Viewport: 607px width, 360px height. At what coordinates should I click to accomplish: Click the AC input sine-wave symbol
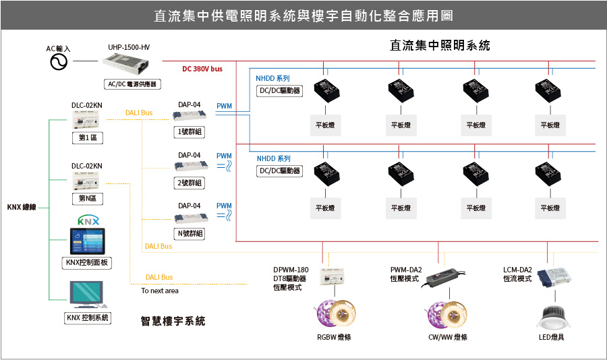[59, 62]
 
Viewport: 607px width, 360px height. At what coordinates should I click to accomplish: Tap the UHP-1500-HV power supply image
[126, 65]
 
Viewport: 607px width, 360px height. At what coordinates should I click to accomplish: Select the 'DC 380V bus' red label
[202, 69]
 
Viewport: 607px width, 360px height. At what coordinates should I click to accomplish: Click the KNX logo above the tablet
[88, 220]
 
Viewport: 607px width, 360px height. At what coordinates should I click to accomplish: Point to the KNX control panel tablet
[87, 241]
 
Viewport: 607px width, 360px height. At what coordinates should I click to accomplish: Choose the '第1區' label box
[88, 138]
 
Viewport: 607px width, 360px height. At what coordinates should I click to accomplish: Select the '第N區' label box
[88, 199]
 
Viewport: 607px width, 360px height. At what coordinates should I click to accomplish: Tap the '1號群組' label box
[189, 132]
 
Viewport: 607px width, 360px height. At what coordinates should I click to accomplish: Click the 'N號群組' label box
[190, 234]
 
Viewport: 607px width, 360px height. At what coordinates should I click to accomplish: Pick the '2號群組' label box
[189, 183]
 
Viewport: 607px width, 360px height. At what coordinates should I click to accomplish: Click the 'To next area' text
[160, 291]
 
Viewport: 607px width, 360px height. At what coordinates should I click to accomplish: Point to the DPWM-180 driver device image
[332, 276]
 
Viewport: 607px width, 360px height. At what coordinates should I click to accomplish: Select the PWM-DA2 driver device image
[446, 278]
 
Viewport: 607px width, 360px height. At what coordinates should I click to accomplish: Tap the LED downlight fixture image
[554, 318]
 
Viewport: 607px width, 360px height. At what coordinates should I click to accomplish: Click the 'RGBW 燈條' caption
[334, 337]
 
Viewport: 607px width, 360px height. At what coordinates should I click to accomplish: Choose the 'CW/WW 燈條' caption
[448, 337]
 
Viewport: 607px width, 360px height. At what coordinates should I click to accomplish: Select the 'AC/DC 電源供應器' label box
[132, 84]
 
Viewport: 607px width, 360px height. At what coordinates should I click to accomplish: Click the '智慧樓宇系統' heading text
[173, 321]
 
